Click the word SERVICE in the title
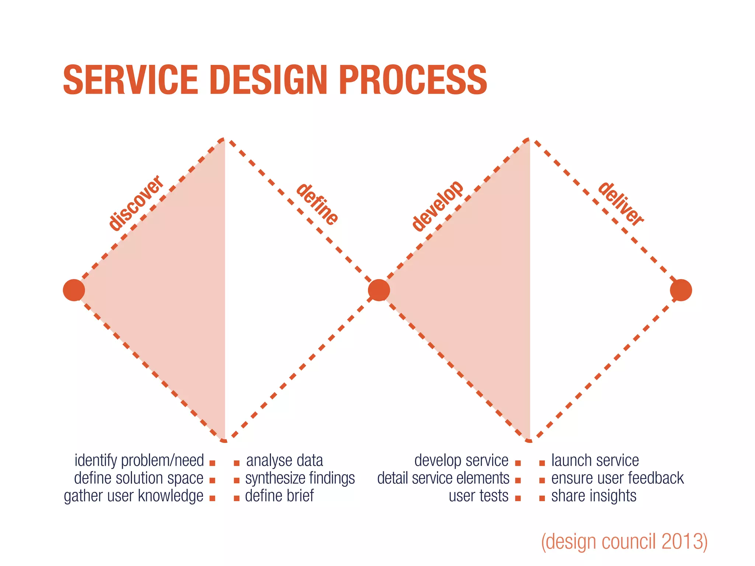tap(131, 80)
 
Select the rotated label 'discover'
tap(136, 203)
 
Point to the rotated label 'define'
tap(317, 204)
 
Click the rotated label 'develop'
tap(437, 206)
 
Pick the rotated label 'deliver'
tap(621, 204)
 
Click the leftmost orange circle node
tap(74, 290)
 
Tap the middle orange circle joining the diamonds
tap(379, 290)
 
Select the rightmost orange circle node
tap(681, 290)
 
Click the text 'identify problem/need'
tap(139, 461)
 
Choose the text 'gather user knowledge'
tap(133, 496)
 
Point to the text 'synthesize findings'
tap(300, 478)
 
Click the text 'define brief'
tap(279, 496)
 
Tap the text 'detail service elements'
tap(443, 478)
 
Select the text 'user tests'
tap(479, 496)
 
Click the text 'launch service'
tap(595, 461)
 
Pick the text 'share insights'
tap(594, 496)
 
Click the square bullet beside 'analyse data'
tap(237, 463)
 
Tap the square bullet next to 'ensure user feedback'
tap(542, 481)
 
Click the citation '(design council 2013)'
tap(624, 542)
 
